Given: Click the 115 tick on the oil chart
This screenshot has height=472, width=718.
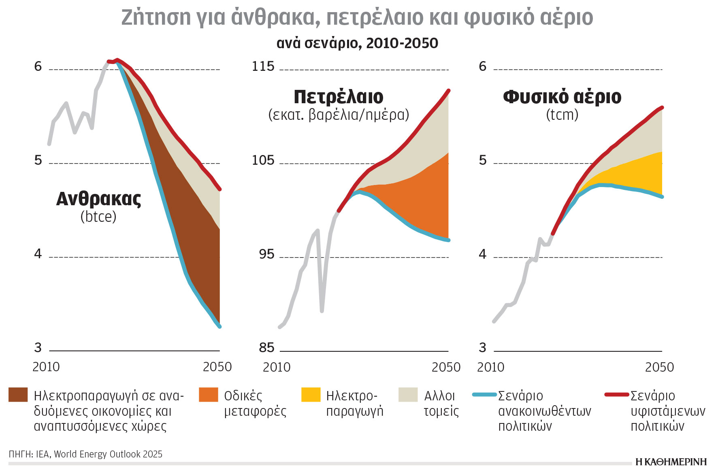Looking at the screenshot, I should pyautogui.click(x=263, y=66).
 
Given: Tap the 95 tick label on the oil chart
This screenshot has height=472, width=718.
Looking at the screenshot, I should pyautogui.click(x=266, y=254).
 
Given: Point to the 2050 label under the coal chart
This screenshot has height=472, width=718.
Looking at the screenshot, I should pyautogui.click(x=217, y=367).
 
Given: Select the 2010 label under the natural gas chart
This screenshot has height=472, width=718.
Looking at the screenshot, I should pyautogui.click(x=490, y=367).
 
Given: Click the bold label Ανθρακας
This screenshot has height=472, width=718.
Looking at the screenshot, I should pyautogui.click(x=98, y=199).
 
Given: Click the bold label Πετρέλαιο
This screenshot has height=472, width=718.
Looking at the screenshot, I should pyautogui.click(x=338, y=97).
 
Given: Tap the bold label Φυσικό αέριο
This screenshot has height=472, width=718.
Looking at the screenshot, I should pyautogui.click(x=562, y=97).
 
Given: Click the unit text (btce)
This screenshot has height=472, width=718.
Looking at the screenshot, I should pyautogui.click(x=98, y=217).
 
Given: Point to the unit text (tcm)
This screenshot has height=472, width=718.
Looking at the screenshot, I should pyautogui.click(x=562, y=115).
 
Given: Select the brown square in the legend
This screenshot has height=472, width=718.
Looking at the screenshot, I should pyautogui.click(x=18, y=395).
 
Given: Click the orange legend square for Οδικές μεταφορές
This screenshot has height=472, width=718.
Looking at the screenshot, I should pyautogui.click(x=209, y=395).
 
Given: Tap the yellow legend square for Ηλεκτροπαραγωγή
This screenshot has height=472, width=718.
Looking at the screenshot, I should pyautogui.click(x=311, y=395).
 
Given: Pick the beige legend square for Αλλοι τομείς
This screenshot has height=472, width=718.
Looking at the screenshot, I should pyautogui.click(x=408, y=395).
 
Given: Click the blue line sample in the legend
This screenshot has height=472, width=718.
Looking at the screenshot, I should pyautogui.click(x=484, y=394).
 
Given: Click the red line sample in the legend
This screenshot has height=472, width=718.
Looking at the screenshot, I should pyautogui.click(x=617, y=394).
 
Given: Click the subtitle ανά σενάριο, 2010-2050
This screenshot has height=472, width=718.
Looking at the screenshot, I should pyautogui.click(x=357, y=43).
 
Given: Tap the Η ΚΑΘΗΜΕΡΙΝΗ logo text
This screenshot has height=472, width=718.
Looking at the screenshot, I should pyautogui.click(x=671, y=462).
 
